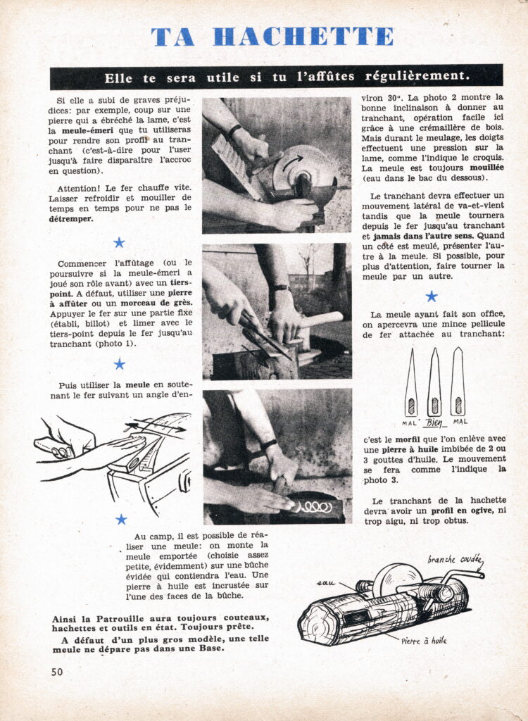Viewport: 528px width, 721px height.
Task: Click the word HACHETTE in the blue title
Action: pyautogui.click(x=303, y=37)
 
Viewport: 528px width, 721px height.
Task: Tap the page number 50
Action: pyautogui.click(x=57, y=672)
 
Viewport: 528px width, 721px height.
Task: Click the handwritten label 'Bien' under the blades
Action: pyautogui.click(x=434, y=422)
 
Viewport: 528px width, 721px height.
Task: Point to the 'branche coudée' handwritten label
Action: pyautogui.click(x=454, y=559)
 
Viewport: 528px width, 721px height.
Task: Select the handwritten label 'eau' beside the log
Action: pyautogui.click(x=326, y=583)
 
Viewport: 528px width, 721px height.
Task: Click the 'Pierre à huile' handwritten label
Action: pyautogui.click(x=424, y=640)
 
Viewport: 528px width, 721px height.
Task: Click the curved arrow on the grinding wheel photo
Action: pyautogui.click(x=293, y=163)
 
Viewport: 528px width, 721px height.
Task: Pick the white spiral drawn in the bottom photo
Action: pyautogui.click(x=316, y=507)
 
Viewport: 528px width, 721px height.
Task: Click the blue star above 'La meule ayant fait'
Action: pyautogui.click(x=432, y=296)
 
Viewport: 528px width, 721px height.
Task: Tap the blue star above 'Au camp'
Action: pyautogui.click(x=121, y=519)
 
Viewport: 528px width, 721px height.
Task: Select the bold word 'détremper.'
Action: pyautogui.click(x=71, y=219)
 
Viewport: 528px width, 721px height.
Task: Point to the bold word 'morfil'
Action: pyautogui.click(x=408, y=439)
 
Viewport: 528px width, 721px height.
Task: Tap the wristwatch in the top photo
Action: pyautogui.click(x=234, y=130)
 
